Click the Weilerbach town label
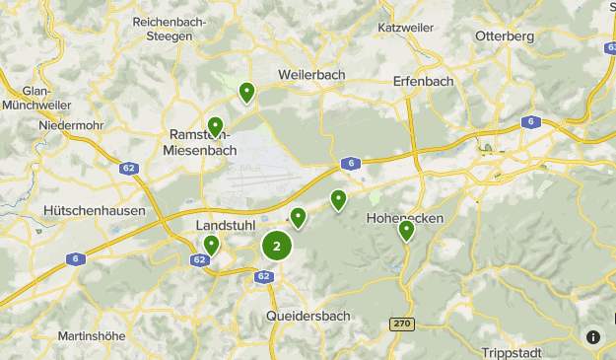click(312, 75)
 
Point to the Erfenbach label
click(422, 81)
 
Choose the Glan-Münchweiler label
click(36, 96)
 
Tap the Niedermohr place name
click(72, 125)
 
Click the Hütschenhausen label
click(95, 210)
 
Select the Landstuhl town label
click(226, 225)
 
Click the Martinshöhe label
click(92, 335)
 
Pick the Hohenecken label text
click(405, 217)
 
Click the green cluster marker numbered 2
click(277, 247)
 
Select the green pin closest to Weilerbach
click(246, 93)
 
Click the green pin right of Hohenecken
click(406, 231)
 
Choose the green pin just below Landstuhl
click(211, 246)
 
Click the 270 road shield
click(401, 324)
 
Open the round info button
click(592, 336)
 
